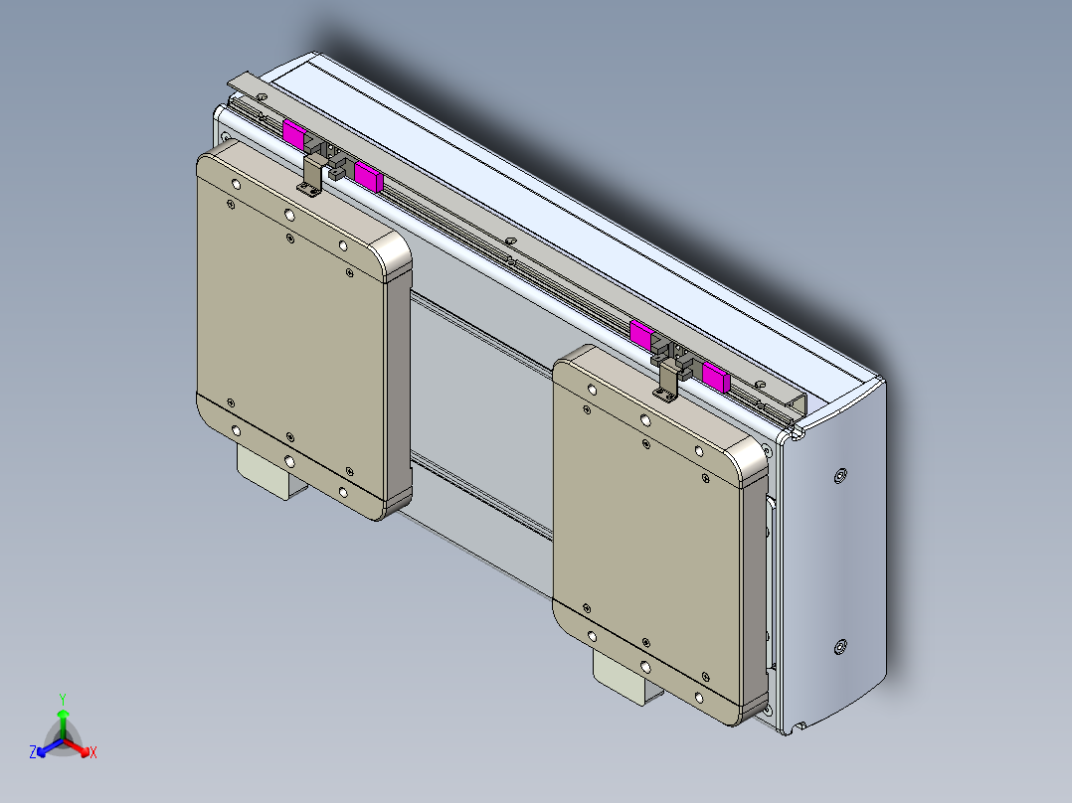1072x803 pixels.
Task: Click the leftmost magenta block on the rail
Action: pyautogui.click(x=295, y=134)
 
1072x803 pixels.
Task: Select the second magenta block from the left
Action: pyautogui.click(x=369, y=177)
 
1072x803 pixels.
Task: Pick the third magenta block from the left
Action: pyautogui.click(x=641, y=333)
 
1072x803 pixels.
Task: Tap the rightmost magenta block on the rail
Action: pyautogui.click(x=715, y=375)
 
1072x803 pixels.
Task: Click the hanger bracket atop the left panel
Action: pyautogui.click(x=312, y=176)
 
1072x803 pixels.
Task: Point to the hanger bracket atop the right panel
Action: pyautogui.click(x=669, y=379)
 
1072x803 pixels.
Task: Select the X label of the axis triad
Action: pyautogui.click(x=93, y=753)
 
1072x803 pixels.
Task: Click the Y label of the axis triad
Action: pyautogui.click(x=62, y=699)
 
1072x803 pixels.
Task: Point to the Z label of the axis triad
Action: pyautogui.click(x=33, y=752)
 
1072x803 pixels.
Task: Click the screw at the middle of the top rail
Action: pyautogui.click(x=509, y=241)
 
